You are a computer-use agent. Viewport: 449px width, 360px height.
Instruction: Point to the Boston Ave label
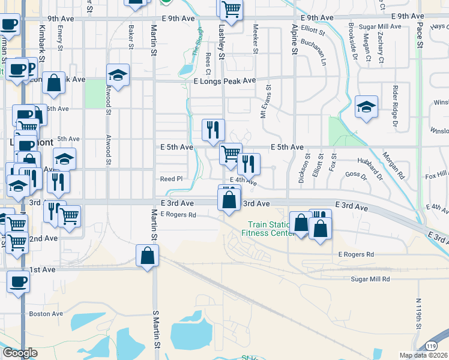click(x=46, y=313)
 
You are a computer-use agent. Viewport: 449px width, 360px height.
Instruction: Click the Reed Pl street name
click(x=170, y=179)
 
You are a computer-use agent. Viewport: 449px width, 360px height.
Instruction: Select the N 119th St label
click(x=419, y=321)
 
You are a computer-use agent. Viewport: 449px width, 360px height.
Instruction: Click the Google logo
click(x=20, y=353)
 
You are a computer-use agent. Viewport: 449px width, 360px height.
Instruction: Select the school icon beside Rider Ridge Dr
click(x=366, y=107)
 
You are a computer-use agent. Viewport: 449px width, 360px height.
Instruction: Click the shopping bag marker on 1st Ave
click(x=147, y=256)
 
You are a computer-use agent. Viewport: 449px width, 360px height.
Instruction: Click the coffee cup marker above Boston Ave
click(x=17, y=281)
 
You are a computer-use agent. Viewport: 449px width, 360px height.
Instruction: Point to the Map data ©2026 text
click(x=423, y=355)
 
